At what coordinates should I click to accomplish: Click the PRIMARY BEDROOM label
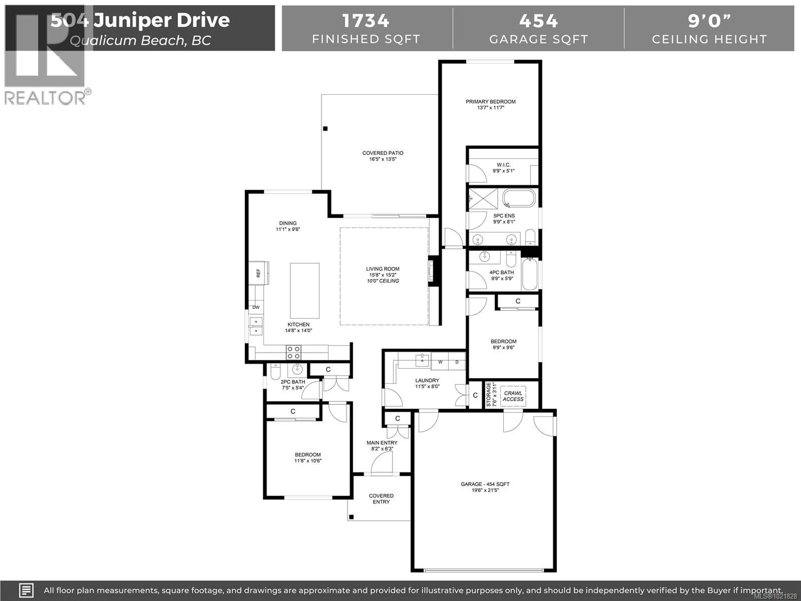pos(490,102)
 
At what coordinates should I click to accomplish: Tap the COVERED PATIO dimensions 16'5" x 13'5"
pos(383,159)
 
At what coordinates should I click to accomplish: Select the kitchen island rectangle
pos(305,290)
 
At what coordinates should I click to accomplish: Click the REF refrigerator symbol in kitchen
pos(258,273)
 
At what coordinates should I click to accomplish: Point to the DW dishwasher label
pos(256,307)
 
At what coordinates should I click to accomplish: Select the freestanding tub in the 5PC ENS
pos(519,198)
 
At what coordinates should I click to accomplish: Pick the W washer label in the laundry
pos(440,362)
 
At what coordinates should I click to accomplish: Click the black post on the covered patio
pos(325,129)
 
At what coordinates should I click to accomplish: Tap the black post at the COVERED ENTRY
pos(351,517)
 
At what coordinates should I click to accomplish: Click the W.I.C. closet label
pos(503,165)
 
